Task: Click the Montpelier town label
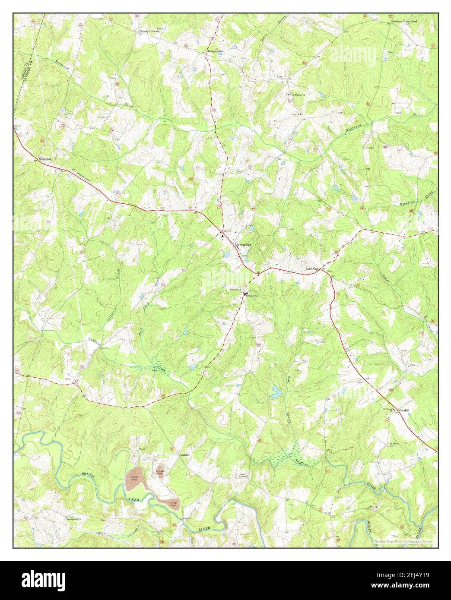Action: pyautogui.click(x=242, y=245)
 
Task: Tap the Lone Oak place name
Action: pyautogui.click(x=312, y=268)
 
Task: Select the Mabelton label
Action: pyautogui.click(x=44, y=159)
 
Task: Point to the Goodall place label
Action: pyautogui.click(x=405, y=410)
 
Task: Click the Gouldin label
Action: pyautogui.click(x=185, y=455)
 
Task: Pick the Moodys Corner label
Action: pyautogui.click(x=149, y=32)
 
